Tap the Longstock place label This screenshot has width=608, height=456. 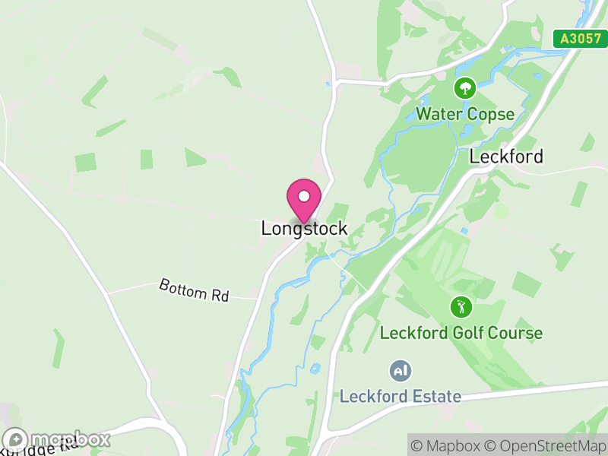click(304, 228)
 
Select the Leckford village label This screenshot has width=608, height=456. click(506, 157)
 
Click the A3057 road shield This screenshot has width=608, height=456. click(580, 39)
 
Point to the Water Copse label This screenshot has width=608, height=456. click(464, 115)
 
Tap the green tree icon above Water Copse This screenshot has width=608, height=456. click(464, 88)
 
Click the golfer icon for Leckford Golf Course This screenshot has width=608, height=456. click(461, 307)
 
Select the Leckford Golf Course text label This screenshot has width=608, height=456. click(461, 333)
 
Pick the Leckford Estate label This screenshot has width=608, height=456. click(400, 396)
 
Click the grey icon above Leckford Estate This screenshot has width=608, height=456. click(400, 371)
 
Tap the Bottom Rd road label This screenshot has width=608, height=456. click(194, 290)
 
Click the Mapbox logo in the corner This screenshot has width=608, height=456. click(56, 439)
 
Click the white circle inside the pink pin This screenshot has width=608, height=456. click(304, 196)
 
